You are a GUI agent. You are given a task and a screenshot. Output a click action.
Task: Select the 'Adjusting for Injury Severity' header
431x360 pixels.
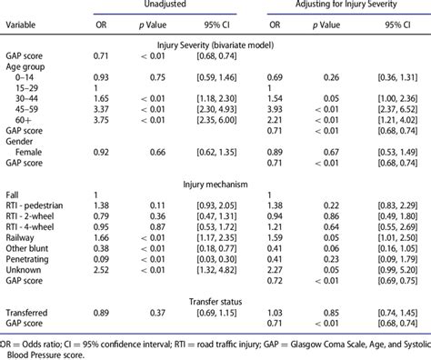point(346,6)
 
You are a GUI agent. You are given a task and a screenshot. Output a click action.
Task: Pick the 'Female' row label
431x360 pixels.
point(27,155)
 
